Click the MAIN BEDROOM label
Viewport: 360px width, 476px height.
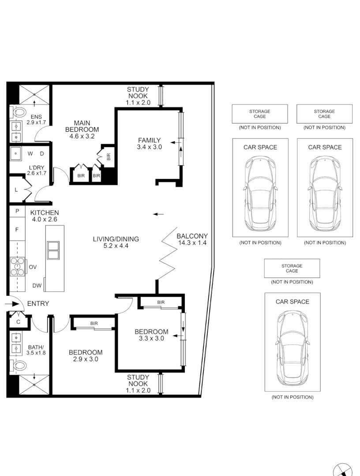click(x=82, y=126)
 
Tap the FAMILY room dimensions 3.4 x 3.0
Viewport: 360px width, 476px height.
click(x=149, y=147)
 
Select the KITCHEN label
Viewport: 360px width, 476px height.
click(x=45, y=213)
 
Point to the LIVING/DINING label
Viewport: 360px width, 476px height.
click(x=116, y=239)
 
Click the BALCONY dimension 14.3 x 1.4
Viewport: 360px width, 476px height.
click(x=192, y=242)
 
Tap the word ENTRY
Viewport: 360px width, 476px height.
click(x=38, y=304)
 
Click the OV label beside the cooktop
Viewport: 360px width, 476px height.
click(x=33, y=267)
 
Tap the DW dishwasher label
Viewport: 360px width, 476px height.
click(x=37, y=286)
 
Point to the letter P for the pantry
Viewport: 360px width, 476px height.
click(x=17, y=212)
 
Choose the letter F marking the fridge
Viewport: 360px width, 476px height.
click(x=17, y=230)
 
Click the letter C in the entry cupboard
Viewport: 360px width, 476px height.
click(x=18, y=322)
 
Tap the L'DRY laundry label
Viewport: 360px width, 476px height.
click(x=37, y=167)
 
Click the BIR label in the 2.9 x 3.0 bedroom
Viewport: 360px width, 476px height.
click(x=94, y=324)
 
